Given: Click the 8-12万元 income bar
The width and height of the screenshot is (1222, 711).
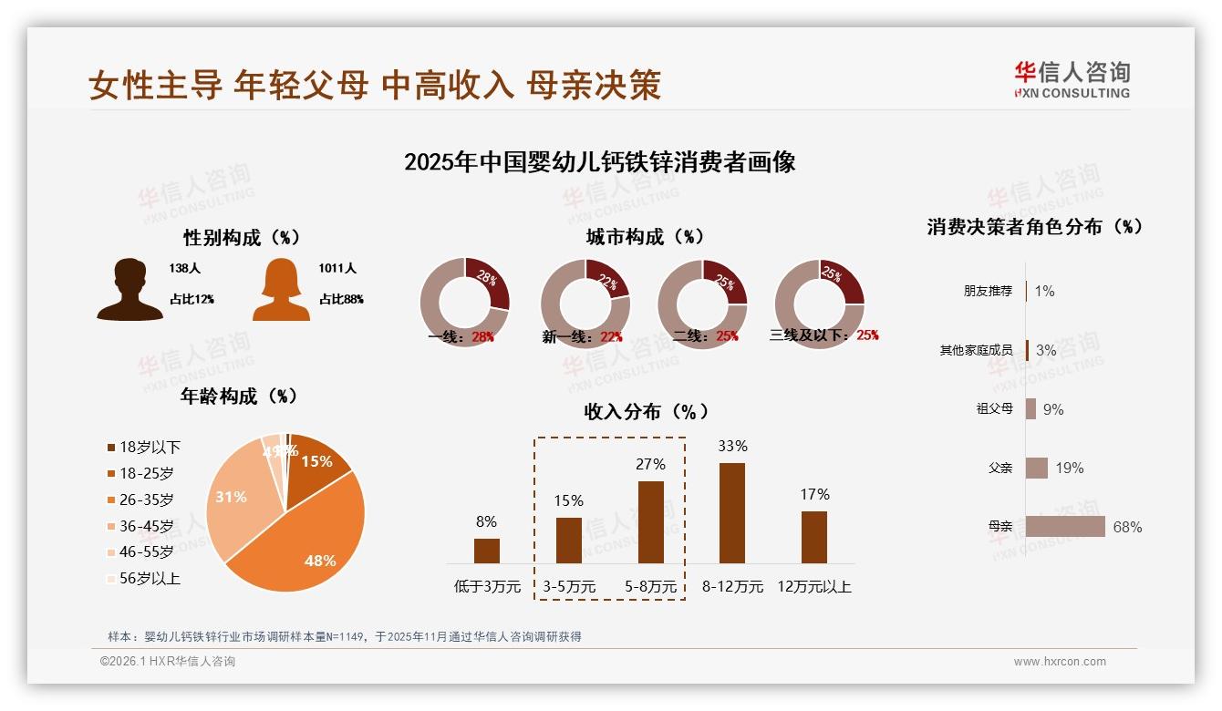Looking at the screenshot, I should (732, 513).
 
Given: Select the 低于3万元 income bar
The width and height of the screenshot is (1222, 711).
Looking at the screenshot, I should (487, 551).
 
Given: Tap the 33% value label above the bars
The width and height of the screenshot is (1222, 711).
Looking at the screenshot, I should (732, 446).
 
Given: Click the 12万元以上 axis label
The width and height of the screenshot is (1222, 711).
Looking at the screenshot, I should (813, 586).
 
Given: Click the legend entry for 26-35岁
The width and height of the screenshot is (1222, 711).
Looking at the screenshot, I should (146, 500).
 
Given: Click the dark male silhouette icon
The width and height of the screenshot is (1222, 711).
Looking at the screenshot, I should (129, 290).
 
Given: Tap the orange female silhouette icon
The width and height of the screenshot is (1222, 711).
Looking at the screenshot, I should (281, 290).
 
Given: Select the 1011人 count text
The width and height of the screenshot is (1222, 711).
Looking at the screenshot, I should (337, 268).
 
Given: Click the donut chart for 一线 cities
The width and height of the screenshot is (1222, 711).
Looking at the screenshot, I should (464, 303).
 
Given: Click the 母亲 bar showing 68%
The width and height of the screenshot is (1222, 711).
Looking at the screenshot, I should (1064, 526).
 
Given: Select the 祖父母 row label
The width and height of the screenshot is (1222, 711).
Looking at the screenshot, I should (994, 408).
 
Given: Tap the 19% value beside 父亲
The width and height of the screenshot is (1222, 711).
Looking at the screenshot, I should (1070, 468).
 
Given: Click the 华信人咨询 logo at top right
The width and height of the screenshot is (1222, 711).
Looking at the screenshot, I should (1072, 79).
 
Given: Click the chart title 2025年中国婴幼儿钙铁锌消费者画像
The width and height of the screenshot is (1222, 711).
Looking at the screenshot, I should (599, 162).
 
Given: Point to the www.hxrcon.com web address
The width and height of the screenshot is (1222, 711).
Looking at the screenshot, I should (1059, 662).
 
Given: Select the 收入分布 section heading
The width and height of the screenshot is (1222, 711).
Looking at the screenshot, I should (646, 411).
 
